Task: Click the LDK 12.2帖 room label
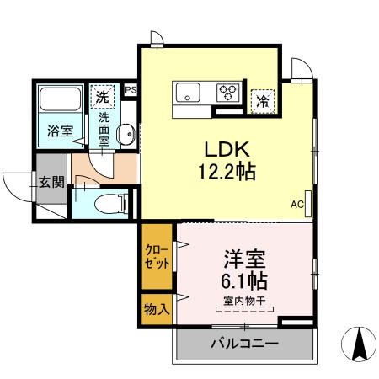click(227, 160)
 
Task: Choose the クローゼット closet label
click(157, 256)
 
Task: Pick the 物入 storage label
click(157, 308)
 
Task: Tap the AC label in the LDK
click(296, 204)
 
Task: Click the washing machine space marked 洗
click(102, 96)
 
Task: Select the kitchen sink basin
click(187, 91)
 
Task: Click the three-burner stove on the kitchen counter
click(228, 92)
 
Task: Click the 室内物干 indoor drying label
click(245, 301)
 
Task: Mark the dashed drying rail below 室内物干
click(245, 311)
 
